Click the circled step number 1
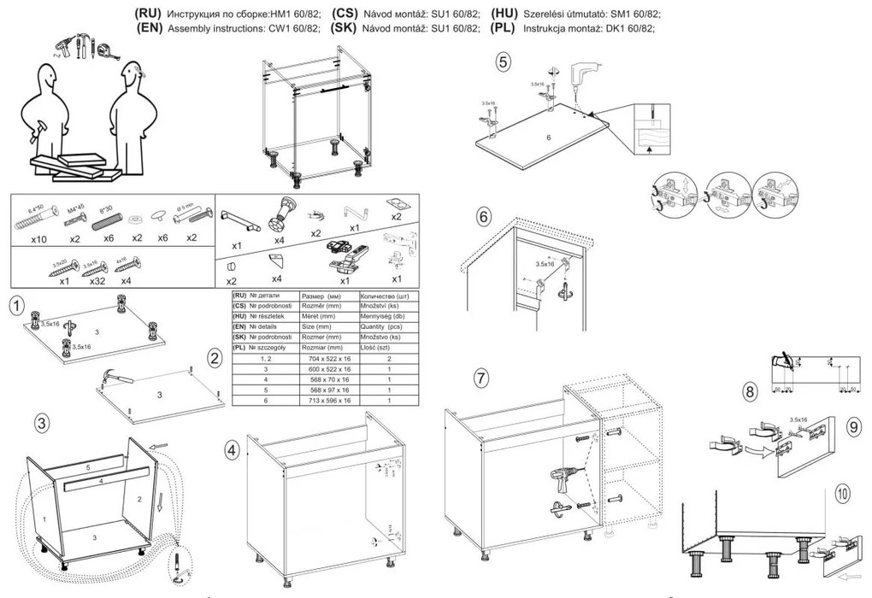coord(15,302)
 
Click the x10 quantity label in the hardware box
coord(38,240)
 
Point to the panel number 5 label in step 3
coord(87,468)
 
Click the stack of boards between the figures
coord(73,167)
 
